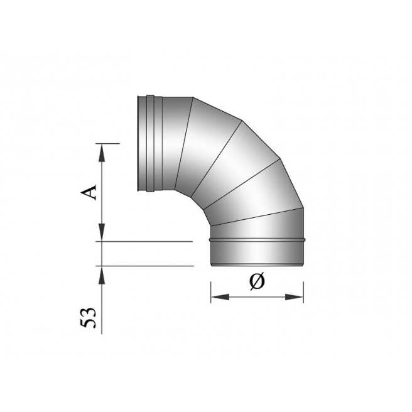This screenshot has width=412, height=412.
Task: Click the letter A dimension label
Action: [92, 190]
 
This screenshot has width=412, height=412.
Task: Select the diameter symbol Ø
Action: [257, 282]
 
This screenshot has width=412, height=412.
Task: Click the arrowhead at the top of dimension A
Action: [102, 149]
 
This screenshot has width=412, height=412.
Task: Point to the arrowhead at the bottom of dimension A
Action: [102, 235]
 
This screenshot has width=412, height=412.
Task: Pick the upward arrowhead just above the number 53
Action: [102, 271]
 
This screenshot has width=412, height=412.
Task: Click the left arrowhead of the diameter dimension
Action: [215, 296]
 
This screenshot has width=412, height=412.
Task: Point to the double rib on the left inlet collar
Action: [150, 143]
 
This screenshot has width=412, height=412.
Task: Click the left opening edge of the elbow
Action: [138, 143]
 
